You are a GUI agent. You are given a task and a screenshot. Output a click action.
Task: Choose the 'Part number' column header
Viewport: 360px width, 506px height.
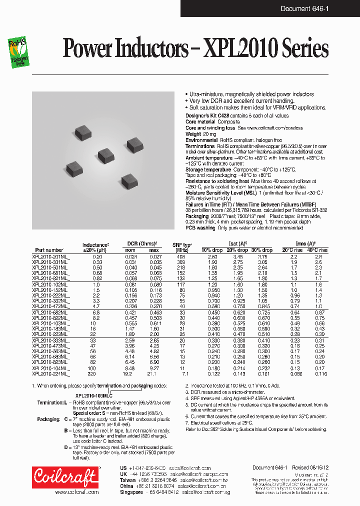[49, 250]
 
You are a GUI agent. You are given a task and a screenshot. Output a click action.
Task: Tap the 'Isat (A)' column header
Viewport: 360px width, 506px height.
[237, 244]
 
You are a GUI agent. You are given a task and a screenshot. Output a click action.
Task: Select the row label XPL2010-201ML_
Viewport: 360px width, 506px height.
[51, 256]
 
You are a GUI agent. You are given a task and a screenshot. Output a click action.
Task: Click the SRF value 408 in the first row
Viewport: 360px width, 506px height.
[181, 256]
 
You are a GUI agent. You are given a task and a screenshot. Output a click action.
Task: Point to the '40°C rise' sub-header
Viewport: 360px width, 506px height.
[317, 250]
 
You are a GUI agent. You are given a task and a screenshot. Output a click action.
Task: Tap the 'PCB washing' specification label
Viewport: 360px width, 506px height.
[201, 228]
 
